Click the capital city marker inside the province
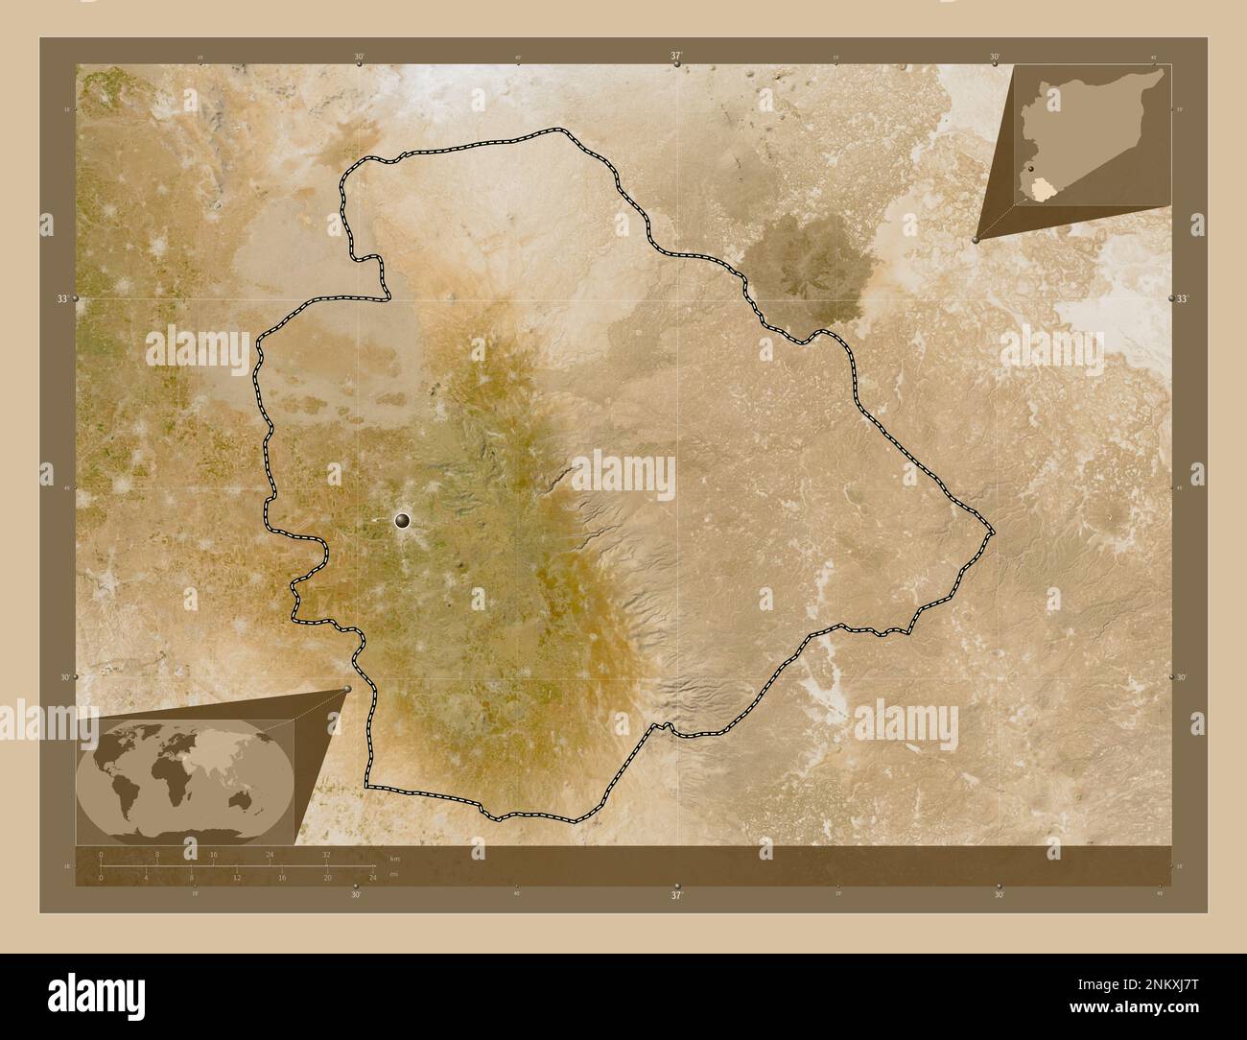402,520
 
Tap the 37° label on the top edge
677,57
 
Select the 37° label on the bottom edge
677,894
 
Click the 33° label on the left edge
63,299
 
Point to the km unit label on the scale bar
394,857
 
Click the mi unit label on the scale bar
394,877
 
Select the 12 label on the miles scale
236,877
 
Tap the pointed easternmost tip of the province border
994,531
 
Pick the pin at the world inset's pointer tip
346,689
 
